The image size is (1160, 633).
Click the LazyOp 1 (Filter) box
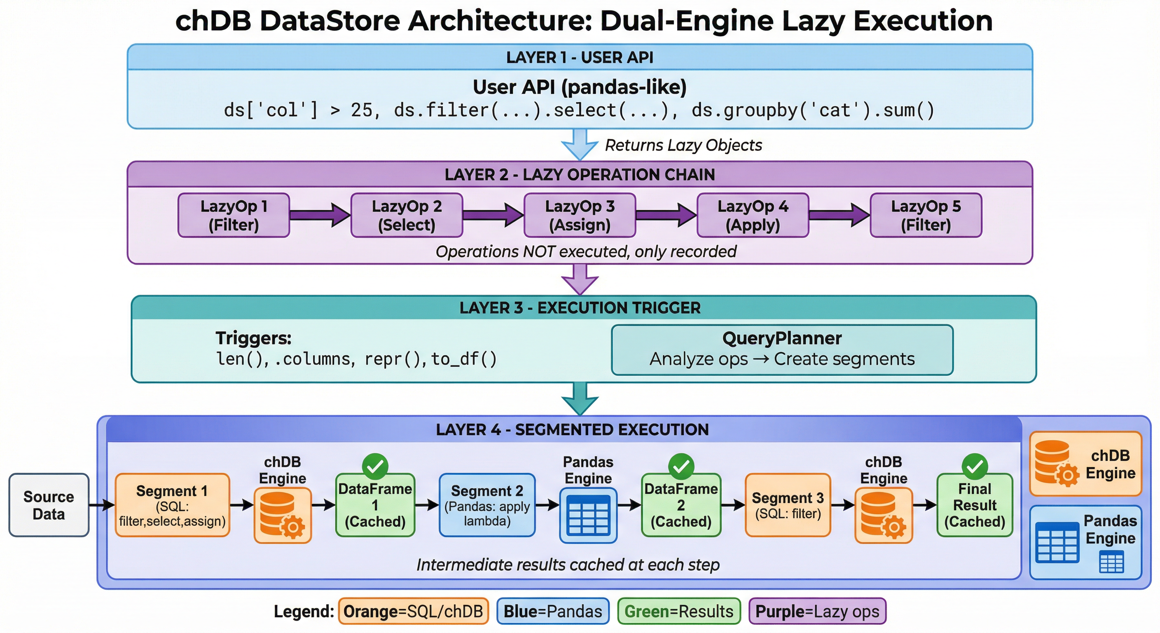tap(234, 216)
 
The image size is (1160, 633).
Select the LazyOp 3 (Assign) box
tap(580, 216)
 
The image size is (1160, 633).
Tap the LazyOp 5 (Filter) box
tap(926, 216)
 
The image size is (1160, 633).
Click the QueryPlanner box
tap(782, 349)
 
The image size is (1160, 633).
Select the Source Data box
tap(49, 505)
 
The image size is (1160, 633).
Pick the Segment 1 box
tap(173, 505)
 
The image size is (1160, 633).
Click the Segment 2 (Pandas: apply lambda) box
tap(487, 505)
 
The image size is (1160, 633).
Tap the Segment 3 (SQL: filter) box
tap(788, 505)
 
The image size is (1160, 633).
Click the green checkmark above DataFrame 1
tap(375, 467)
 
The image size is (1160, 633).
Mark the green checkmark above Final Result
tap(975, 467)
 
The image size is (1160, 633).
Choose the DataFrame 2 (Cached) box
tap(681, 505)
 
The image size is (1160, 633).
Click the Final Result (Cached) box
tap(975, 505)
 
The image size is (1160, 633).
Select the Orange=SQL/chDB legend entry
tap(414, 612)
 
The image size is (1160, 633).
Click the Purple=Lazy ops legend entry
tap(817, 612)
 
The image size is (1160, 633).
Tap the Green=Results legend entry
tap(679, 612)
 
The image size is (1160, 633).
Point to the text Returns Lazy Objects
tap(683, 145)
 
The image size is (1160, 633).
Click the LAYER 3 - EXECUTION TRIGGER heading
tap(580, 308)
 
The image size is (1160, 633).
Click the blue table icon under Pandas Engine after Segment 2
tap(589, 516)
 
